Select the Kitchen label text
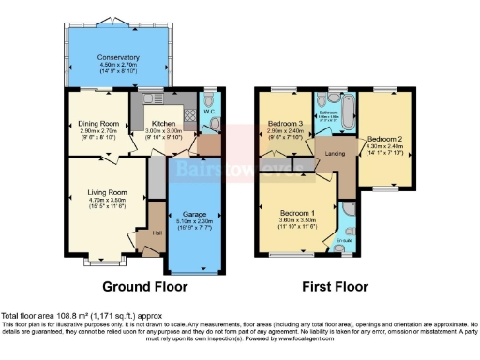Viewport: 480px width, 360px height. pos(164,124)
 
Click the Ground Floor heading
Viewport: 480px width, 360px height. pos(144,287)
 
